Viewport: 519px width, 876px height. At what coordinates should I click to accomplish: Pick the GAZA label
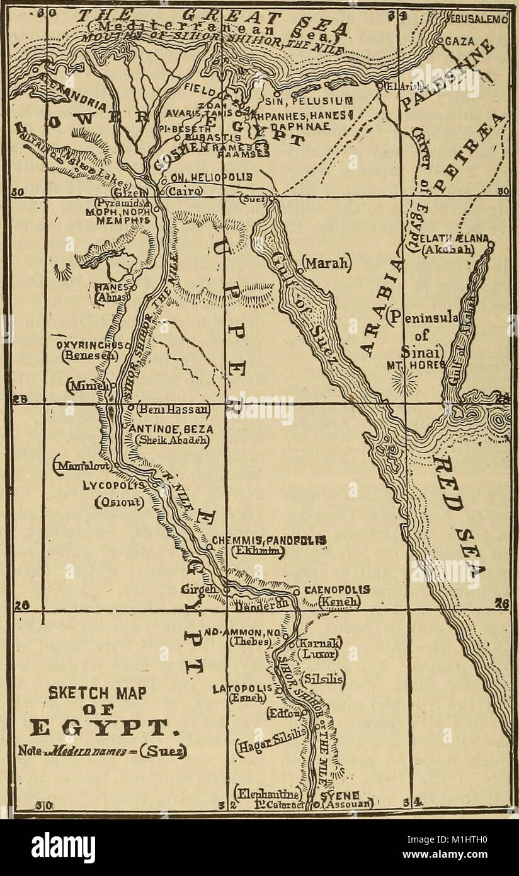click(x=460, y=41)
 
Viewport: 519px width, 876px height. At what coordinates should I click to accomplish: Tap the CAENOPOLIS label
click(x=337, y=590)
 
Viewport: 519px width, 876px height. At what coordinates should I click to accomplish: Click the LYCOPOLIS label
click(x=114, y=486)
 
